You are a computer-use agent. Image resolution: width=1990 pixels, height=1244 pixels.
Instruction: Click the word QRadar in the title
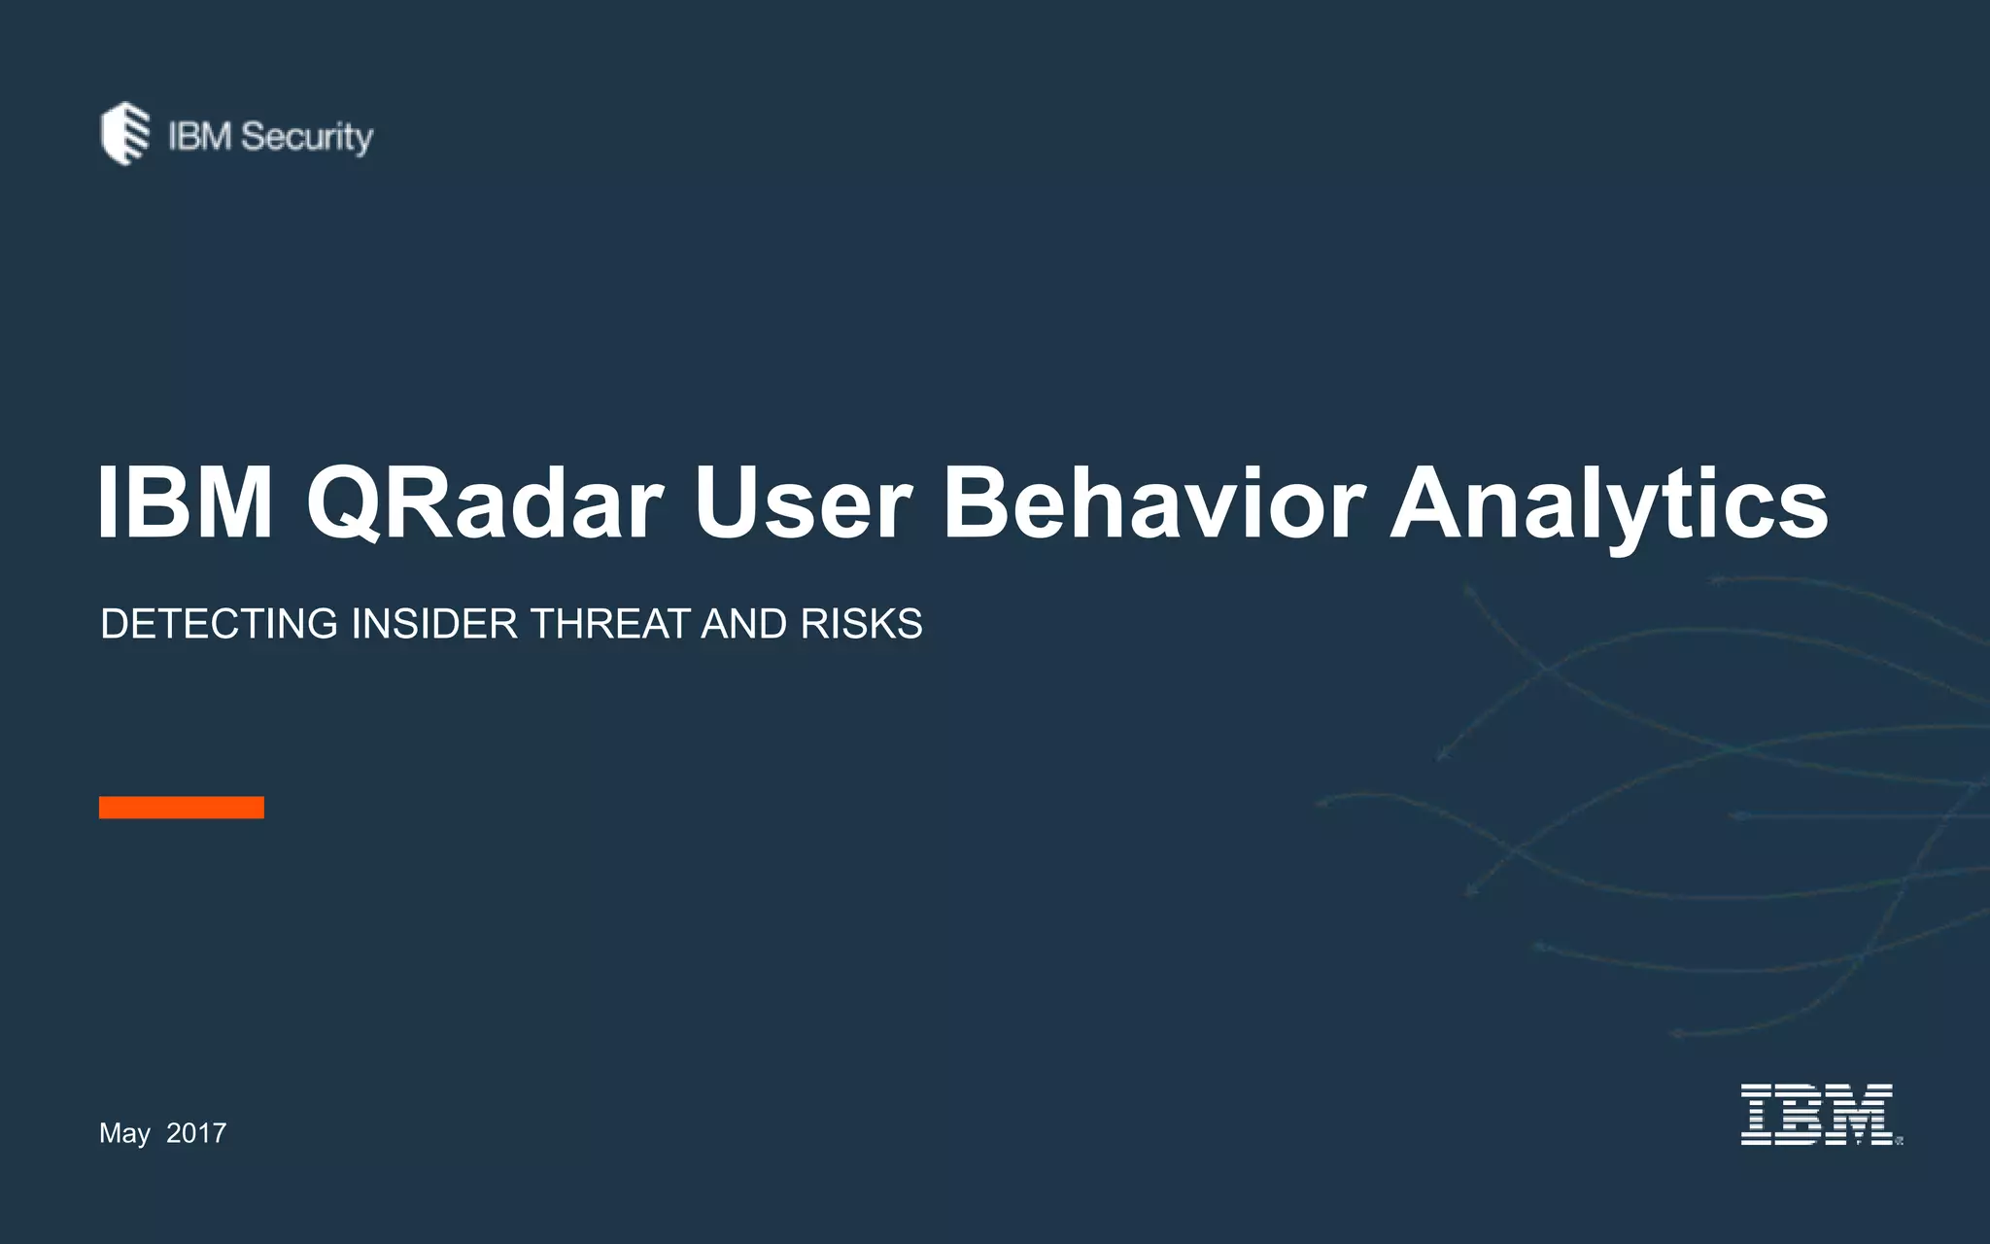coord(484,503)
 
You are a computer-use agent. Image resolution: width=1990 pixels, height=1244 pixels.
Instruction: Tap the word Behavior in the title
coord(1152,503)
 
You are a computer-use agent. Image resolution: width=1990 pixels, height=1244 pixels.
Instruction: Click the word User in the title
coord(803,503)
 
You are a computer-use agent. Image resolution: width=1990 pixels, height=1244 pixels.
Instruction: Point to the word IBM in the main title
coord(185,503)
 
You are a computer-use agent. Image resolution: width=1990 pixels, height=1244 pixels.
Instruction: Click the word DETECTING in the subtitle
coord(219,624)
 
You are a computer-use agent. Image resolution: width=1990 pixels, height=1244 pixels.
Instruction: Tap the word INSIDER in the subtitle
coord(434,624)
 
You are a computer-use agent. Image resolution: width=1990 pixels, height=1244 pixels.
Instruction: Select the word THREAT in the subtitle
coord(609,624)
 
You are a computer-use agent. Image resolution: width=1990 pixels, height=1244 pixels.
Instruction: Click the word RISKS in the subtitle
coord(861,624)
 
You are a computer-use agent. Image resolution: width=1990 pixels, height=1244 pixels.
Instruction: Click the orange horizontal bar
coord(182,808)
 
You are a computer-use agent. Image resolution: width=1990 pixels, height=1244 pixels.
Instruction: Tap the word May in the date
coord(123,1133)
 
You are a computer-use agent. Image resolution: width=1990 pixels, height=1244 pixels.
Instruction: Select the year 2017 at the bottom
coord(196,1133)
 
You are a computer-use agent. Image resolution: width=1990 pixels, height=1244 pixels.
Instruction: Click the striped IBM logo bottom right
coord(1817,1115)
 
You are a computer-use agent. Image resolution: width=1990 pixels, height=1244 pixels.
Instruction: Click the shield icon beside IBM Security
coord(125,134)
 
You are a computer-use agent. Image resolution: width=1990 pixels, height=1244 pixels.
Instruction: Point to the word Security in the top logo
coord(307,137)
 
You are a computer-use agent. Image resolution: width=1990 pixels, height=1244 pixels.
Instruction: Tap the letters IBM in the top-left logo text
coord(199,136)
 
